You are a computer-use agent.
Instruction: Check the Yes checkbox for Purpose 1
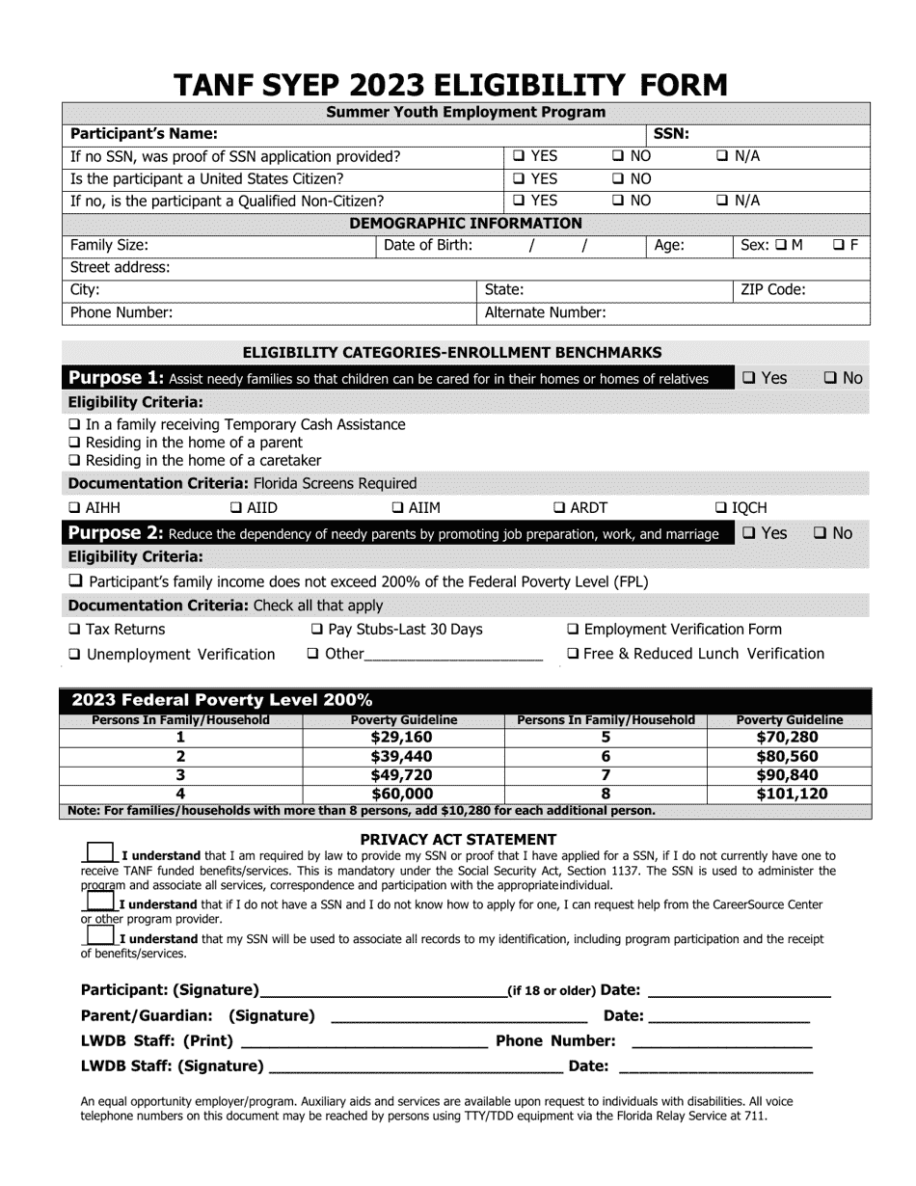749,379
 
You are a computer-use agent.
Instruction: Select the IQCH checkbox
721,508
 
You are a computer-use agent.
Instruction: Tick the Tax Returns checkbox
75,630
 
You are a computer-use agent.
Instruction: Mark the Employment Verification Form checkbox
574,630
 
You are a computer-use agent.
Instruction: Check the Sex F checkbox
840,246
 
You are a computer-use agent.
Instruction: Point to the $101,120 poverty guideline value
788,795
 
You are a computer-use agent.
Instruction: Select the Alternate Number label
545,312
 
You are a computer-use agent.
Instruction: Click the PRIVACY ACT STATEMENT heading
458,840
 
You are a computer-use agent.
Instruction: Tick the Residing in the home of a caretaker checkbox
75,461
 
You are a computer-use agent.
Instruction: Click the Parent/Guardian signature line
458,1016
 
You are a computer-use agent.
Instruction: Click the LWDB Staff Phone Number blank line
721,1041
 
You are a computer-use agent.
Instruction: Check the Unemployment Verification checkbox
75,655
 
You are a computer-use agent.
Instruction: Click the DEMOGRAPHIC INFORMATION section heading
466,224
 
